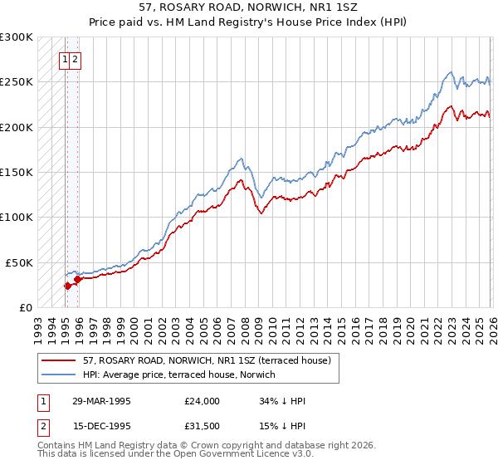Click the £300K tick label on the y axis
[17, 37]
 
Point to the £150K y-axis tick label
[17, 173]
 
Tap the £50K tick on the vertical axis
[19, 262]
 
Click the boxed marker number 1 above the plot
[64, 59]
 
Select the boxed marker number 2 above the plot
[75, 59]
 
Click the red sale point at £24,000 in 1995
[67, 286]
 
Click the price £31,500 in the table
[203, 428]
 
